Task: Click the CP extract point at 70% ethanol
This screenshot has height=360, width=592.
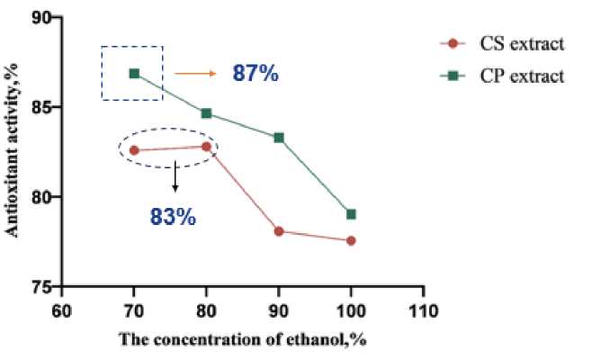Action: (x=134, y=73)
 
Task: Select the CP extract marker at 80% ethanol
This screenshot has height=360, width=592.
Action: (x=206, y=113)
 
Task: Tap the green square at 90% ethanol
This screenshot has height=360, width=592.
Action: (x=279, y=138)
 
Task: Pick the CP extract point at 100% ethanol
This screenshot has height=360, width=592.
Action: (x=351, y=214)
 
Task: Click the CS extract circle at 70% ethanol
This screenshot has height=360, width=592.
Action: (x=134, y=150)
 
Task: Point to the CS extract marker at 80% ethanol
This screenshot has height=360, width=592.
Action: (x=206, y=147)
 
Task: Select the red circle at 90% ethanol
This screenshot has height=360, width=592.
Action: (x=279, y=231)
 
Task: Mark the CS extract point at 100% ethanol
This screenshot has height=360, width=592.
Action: (x=351, y=240)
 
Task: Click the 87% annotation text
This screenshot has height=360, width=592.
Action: (x=256, y=73)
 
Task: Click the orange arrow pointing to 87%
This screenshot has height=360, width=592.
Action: (x=191, y=73)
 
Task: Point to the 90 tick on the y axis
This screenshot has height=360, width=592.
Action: (x=45, y=19)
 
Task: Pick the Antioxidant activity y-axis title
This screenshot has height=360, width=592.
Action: (x=15, y=151)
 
